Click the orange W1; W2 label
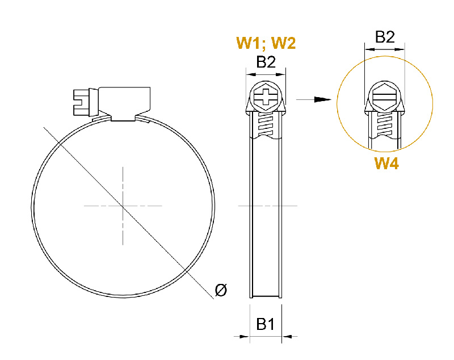[x=266, y=43]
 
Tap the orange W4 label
[x=386, y=164]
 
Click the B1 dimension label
[x=266, y=324]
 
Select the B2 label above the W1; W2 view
[x=266, y=62]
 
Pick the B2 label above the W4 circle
[x=385, y=37]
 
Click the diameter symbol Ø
[x=221, y=291]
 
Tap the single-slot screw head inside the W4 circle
[x=384, y=97]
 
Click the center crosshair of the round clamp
[x=123, y=205]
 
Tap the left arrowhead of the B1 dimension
[x=245, y=337]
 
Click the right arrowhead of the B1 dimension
[x=287, y=337]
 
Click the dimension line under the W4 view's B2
[x=384, y=50]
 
